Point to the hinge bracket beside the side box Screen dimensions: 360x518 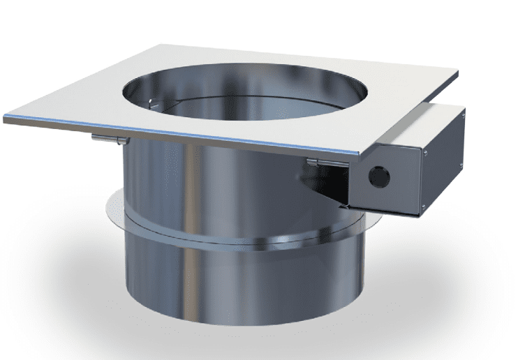(x=323, y=163)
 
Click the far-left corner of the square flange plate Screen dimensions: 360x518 (x=6, y=118)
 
